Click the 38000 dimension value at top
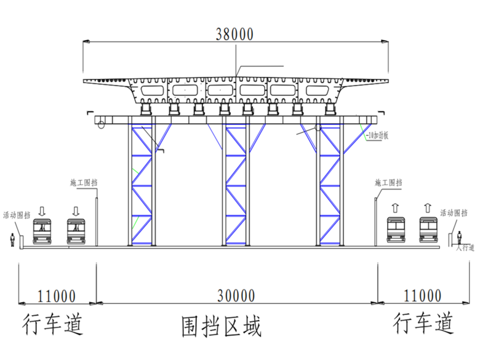pos(235,34)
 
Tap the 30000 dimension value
pos(236,296)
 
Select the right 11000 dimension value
pos(422,296)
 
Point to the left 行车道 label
pos(52,323)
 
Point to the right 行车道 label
pos(424,323)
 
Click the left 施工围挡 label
pos(85,183)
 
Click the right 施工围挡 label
pos(388,183)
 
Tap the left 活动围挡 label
pos(16,215)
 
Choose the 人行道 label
pos(466,247)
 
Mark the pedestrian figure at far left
pos(12,239)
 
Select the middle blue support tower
pos(236,183)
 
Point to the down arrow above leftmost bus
pos(42,210)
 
